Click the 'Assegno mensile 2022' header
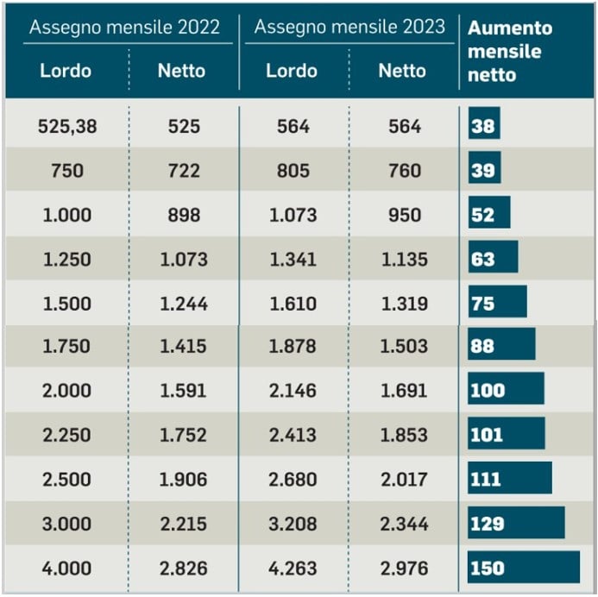click(123, 27)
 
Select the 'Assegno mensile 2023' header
click(349, 27)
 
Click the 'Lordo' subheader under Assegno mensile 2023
click(292, 71)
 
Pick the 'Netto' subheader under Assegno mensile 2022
click(181, 71)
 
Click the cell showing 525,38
click(67, 127)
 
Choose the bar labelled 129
click(516, 524)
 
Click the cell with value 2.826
click(183, 569)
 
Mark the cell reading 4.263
click(293, 569)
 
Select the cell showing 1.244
click(183, 303)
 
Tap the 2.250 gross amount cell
click(67, 435)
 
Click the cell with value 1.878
click(293, 347)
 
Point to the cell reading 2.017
click(403, 480)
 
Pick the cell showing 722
click(183, 171)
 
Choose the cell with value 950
click(403, 215)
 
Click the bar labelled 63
click(493, 259)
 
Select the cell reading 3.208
click(293, 524)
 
